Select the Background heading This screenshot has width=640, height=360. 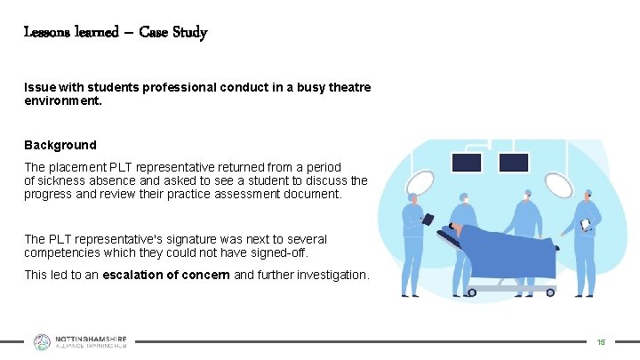pyautogui.click(x=60, y=145)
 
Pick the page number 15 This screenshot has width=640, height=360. pyautogui.click(x=601, y=342)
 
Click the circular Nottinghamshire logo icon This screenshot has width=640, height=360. pyautogui.click(x=43, y=342)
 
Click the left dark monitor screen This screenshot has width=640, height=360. pyautogui.click(x=468, y=163)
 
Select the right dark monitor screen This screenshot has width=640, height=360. pyautogui.click(x=513, y=163)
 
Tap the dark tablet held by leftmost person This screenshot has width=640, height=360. pyautogui.click(x=428, y=220)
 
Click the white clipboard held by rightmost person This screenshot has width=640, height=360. pyautogui.click(x=585, y=224)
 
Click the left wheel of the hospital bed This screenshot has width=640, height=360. pyautogui.click(x=474, y=290)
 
